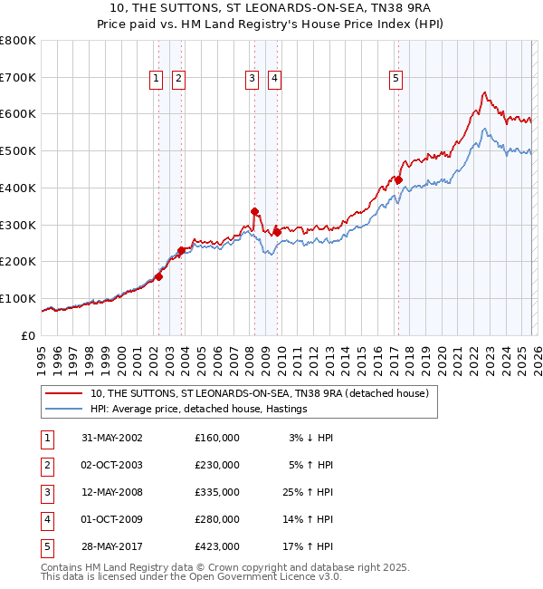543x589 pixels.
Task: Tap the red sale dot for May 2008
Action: [254, 211]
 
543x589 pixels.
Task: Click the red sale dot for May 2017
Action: [398, 180]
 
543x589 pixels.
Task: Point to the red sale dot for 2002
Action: [159, 276]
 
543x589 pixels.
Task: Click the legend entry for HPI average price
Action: [199, 410]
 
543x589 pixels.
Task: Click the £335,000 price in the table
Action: [217, 494]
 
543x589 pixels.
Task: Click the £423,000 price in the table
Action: [217, 548]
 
